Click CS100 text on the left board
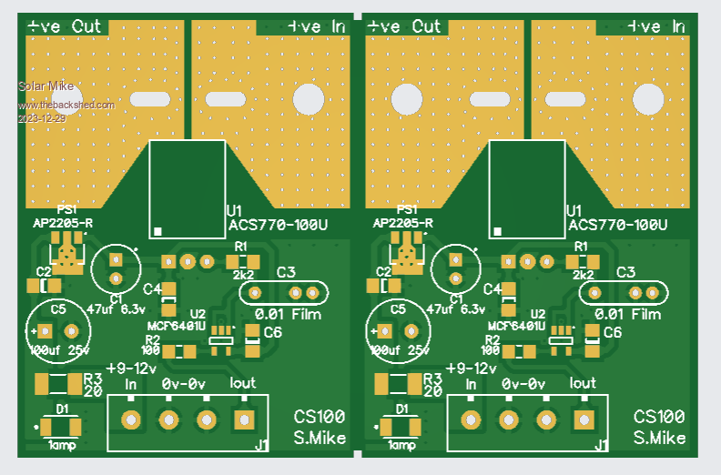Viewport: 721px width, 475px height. tap(320, 417)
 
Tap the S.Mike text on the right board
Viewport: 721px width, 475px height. tap(660, 439)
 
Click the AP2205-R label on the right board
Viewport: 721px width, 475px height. tap(402, 224)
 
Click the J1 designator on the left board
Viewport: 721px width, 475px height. tap(261, 445)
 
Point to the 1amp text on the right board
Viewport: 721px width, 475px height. tap(401, 446)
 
